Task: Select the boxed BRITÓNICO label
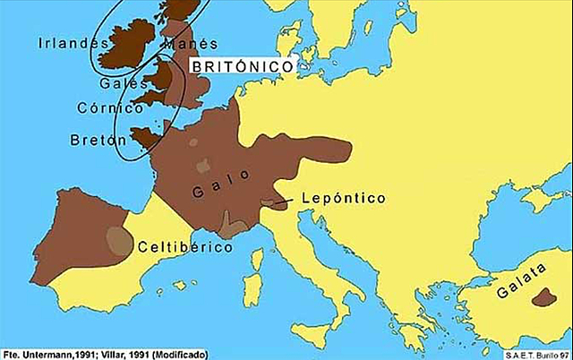[243, 67]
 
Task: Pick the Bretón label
[95, 141]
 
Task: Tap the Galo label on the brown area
[216, 191]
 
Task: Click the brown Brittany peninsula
[143, 137]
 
